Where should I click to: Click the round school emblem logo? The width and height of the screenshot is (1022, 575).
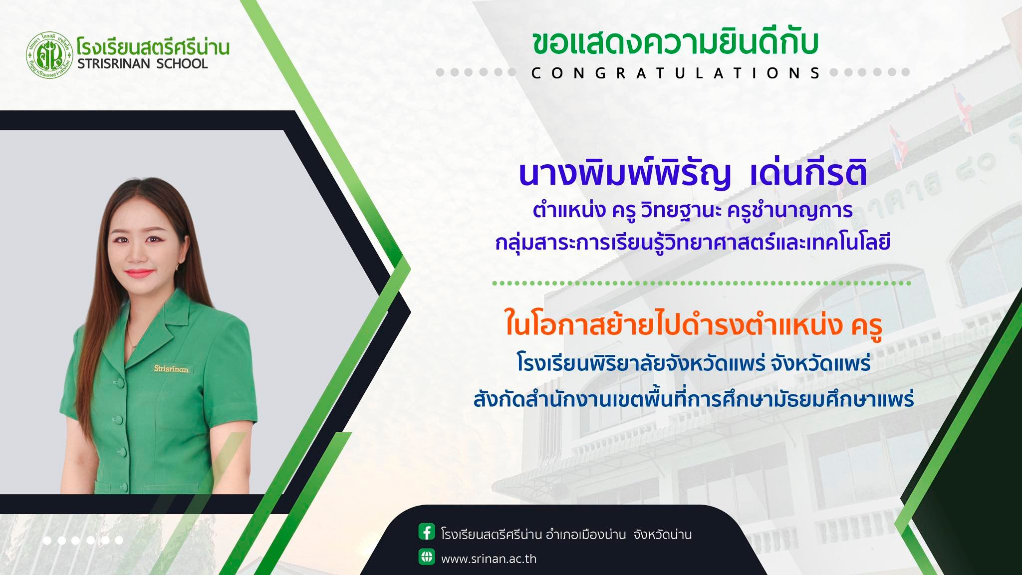[50, 55]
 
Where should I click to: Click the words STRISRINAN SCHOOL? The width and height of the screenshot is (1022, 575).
[142, 63]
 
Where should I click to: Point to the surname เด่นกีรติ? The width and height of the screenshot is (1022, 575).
[808, 173]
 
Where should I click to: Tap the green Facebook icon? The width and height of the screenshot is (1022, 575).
[427, 532]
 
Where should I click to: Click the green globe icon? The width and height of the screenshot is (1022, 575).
[427, 557]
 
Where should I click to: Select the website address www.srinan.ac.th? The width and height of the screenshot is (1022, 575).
[489, 559]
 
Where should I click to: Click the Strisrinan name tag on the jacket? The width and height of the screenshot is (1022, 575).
[171, 369]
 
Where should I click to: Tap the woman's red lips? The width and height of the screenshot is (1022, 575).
[139, 273]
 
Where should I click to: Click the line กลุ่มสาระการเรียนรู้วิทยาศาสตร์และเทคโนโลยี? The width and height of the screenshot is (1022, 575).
[693, 244]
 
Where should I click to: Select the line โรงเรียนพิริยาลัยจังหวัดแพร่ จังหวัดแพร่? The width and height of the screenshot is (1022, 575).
[694, 363]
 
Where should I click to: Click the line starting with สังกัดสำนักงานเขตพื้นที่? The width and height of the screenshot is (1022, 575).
[694, 399]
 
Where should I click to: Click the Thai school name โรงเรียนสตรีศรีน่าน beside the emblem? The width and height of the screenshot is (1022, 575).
[153, 46]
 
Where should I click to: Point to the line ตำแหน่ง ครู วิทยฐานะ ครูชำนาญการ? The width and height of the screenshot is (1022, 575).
[693, 210]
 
